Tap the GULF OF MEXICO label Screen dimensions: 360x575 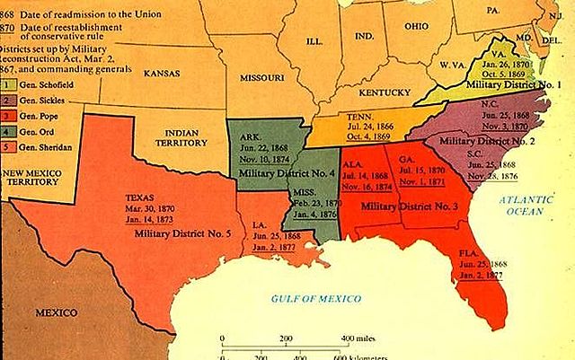click(316, 297)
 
